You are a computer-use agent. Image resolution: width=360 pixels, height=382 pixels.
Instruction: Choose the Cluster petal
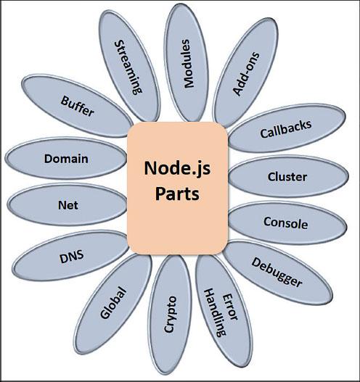pyautogui.click(x=287, y=177)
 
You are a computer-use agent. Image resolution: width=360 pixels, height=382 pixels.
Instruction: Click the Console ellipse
pyautogui.click(x=286, y=223)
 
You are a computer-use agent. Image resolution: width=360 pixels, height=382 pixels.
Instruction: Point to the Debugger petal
pyautogui.click(x=277, y=270)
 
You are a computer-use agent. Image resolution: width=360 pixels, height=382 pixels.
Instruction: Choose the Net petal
pyautogui.click(x=67, y=205)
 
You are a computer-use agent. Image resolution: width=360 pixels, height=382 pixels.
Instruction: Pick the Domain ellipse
pyautogui.click(x=66, y=158)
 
